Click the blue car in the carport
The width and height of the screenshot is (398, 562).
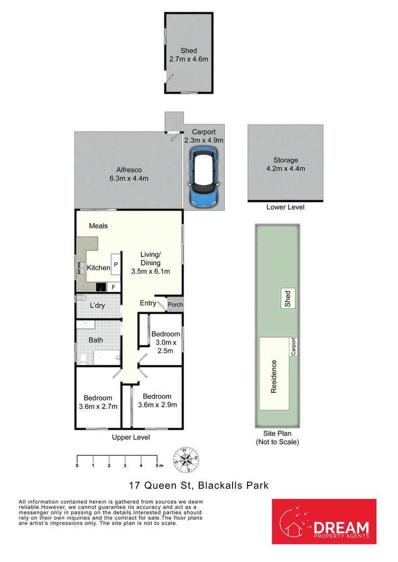click(x=203, y=177)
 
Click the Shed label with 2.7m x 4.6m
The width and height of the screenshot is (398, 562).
click(x=188, y=55)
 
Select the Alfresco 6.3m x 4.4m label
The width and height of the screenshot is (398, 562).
click(x=129, y=174)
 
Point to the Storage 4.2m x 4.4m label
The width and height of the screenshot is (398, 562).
click(x=285, y=164)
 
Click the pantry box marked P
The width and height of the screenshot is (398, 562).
click(x=116, y=264)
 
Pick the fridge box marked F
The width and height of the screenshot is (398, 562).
click(x=113, y=287)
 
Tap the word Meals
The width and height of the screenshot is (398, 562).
click(x=98, y=226)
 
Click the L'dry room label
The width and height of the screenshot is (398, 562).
click(x=97, y=305)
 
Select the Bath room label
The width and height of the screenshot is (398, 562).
click(x=95, y=340)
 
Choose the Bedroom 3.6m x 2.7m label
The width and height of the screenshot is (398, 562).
click(x=97, y=402)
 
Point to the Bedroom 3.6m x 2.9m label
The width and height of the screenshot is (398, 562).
click(x=158, y=400)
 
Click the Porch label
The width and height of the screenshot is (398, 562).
click(x=175, y=304)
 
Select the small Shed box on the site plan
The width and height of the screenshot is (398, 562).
click(x=287, y=298)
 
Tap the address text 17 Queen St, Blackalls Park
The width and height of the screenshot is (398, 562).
click(x=199, y=486)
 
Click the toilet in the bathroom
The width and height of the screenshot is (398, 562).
click(x=83, y=357)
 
